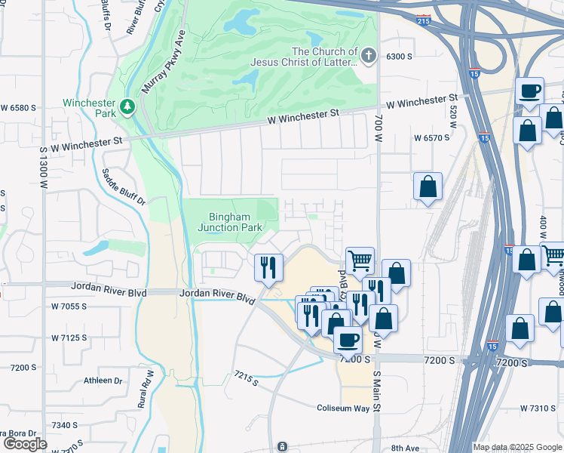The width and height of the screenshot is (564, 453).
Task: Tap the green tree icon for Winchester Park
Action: click(x=129, y=107)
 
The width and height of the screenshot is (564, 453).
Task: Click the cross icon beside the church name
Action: click(x=368, y=55)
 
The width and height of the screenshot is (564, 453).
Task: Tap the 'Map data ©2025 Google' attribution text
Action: click(x=516, y=447)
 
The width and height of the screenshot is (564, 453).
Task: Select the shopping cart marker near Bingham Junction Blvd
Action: click(x=360, y=260)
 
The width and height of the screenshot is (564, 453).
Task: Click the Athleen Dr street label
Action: click(x=102, y=381)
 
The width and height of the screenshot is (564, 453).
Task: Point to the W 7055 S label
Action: click(x=69, y=307)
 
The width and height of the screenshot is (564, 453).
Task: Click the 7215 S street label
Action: click(x=246, y=377)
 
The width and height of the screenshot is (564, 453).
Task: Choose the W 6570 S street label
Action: click(x=431, y=138)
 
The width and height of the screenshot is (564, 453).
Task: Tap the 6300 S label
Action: click(x=399, y=56)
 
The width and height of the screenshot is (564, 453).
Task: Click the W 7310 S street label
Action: click(x=538, y=408)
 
